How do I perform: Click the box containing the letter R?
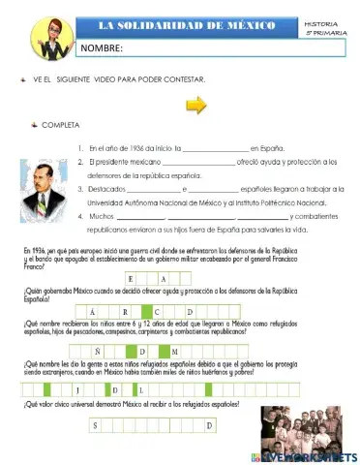point(122,311)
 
